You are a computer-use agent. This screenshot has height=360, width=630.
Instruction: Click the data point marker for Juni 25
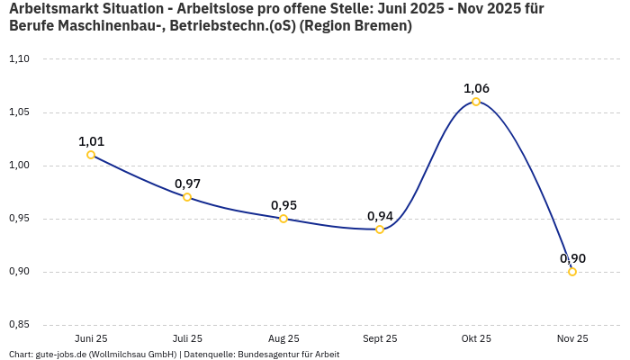click(91, 155)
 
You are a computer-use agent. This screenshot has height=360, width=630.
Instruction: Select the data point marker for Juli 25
click(187, 197)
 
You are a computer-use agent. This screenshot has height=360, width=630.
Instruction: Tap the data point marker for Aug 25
click(283, 219)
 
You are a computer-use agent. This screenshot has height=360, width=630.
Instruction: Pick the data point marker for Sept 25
click(380, 229)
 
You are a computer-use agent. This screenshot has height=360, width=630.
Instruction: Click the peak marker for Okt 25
click(476, 102)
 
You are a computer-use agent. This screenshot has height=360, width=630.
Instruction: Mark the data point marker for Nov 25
click(572, 272)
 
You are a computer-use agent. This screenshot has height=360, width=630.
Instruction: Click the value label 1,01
click(91, 141)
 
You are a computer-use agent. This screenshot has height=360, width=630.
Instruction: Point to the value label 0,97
click(187, 184)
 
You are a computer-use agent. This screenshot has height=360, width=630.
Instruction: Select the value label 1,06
click(476, 88)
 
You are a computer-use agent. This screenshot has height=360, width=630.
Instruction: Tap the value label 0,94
click(380, 216)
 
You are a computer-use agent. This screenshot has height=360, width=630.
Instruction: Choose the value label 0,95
click(283, 205)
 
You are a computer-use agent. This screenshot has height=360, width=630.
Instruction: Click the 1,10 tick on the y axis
click(19, 59)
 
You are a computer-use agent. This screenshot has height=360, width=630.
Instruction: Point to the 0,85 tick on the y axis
click(19, 325)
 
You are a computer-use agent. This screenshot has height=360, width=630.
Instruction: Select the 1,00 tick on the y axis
click(19, 166)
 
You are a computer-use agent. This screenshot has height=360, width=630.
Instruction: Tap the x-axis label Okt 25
click(476, 338)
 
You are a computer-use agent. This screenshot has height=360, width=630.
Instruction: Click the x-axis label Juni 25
click(91, 338)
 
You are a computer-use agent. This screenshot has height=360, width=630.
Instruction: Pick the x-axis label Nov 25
click(572, 338)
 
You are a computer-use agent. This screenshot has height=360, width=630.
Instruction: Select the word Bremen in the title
click(383, 26)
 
